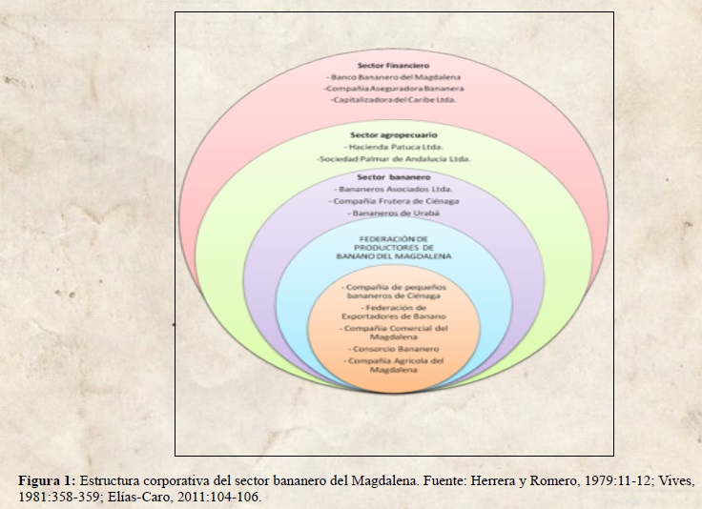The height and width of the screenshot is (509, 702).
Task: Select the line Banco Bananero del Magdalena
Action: (393, 75)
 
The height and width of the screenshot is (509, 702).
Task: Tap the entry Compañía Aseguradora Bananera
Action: (393, 87)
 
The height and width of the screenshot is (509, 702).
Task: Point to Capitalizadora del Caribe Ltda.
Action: (393, 98)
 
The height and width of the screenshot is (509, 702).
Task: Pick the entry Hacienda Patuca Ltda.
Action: (393, 148)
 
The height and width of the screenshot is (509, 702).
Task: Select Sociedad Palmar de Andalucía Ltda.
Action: (393, 159)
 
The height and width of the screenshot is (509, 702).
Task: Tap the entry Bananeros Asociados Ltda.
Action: (393, 190)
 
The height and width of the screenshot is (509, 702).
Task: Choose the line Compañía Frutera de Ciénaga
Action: (393, 202)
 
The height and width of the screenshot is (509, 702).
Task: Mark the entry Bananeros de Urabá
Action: (393, 214)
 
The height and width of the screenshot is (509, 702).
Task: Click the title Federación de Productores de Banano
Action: (393, 248)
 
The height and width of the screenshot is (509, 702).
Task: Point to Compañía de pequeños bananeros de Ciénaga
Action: (393, 291)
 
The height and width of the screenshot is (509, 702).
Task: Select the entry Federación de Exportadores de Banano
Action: (393, 312)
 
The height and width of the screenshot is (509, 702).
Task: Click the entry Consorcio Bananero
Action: (393, 349)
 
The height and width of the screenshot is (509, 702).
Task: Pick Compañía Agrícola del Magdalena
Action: (393, 366)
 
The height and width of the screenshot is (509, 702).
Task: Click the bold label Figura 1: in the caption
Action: (48, 481)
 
